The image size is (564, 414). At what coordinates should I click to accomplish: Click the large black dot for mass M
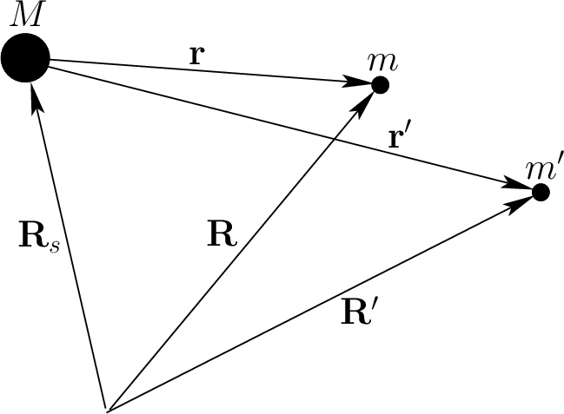[x=25, y=61]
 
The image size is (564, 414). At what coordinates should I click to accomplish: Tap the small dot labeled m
[x=380, y=84]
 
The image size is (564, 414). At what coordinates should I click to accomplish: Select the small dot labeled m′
[x=541, y=192]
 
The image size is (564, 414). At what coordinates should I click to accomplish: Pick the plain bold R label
[x=222, y=235]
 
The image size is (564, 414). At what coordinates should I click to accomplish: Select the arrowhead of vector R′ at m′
[x=522, y=203]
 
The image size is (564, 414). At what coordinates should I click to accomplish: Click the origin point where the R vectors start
[x=105, y=406]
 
